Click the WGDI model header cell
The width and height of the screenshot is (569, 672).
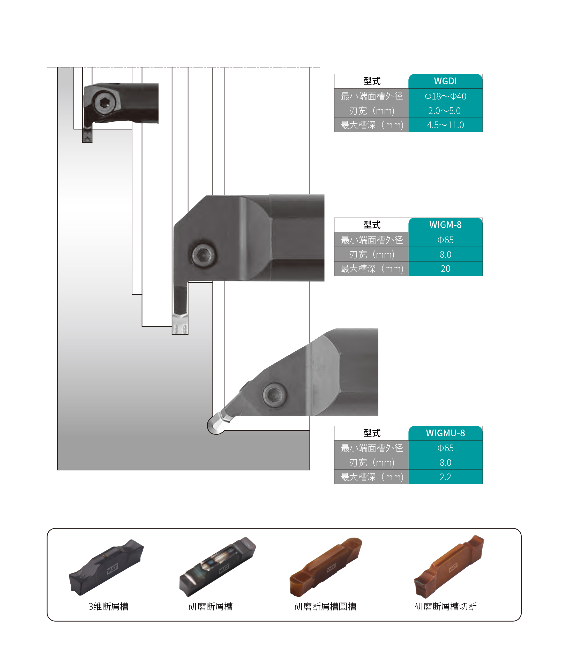pos(445,81)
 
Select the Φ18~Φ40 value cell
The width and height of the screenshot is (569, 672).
pos(445,96)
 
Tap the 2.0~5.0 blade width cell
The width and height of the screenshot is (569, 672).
pos(445,111)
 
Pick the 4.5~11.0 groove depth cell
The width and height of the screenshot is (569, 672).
pos(445,125)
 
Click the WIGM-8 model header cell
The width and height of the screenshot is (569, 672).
pos(445,225)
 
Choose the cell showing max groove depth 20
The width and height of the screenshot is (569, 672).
pos(445,269)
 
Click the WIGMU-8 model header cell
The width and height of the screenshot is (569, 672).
pos(445,433)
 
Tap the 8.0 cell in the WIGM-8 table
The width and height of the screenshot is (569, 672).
pos(445,254)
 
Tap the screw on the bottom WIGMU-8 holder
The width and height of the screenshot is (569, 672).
pos(274,394)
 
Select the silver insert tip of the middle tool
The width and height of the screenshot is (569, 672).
pos(180,324)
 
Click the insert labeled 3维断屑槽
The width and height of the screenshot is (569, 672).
pos(107,568)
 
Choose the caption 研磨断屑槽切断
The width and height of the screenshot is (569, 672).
pos(445,606)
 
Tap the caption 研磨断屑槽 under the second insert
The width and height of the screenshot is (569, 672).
pos(210,606)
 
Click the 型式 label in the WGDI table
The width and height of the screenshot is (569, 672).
pos(372,81)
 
